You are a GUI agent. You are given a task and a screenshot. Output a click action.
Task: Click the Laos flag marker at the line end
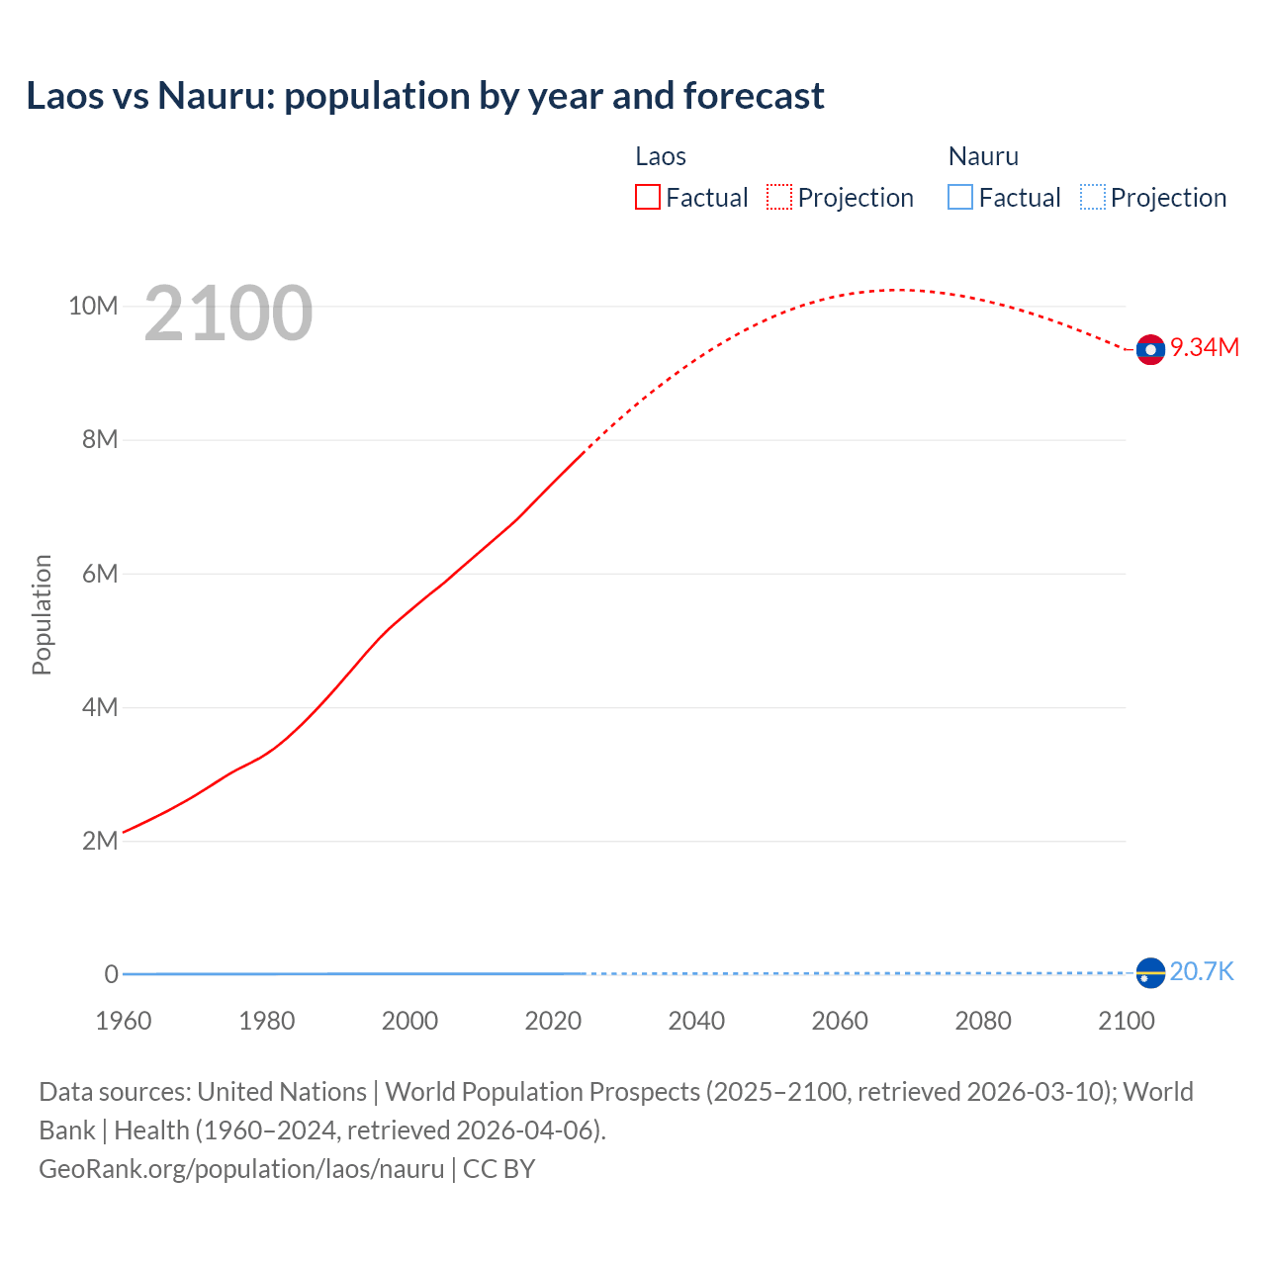click(x=1150, y=349)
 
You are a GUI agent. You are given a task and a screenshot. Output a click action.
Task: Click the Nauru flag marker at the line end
click(x=1150, y=973)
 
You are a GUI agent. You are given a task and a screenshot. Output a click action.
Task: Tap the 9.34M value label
click(x=1205, y=347)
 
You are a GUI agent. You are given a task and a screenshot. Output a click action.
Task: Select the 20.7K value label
click(x=1202, y=972)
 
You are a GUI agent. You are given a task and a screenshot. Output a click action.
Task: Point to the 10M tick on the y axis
click(x=93, y=306)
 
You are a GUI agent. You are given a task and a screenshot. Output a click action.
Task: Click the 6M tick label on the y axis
click(x=100, y=574)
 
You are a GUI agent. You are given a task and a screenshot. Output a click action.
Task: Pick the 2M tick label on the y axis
click(x=100, y=841)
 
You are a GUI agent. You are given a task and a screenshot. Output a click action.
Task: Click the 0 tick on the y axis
click(x=112, y=974)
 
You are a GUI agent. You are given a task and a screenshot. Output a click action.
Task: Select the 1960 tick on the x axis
click(x=124, y=1021)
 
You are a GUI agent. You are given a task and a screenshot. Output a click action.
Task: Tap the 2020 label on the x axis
click(x=553, y=1021)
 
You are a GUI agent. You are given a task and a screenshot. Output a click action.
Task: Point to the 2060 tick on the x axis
click(x=840, y=1021)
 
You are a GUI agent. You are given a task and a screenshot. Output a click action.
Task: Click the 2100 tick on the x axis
click(x=1127, y=1021)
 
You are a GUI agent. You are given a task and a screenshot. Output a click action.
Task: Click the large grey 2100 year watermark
click(x=228, y=314)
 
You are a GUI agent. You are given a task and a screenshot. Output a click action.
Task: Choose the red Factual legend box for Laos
click(x=648, y=198)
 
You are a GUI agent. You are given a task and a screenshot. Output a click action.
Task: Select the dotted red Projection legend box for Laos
click(x=779, y=198)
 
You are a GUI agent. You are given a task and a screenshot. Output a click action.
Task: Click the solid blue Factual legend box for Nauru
click(x=960, y=198)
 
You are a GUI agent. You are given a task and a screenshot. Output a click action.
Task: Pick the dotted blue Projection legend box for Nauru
click(x=1092, y=198)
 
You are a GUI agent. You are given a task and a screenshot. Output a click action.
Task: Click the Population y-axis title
click(x=42, y=614)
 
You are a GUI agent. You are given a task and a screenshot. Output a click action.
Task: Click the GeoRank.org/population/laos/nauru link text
click(x=241, y=1169)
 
